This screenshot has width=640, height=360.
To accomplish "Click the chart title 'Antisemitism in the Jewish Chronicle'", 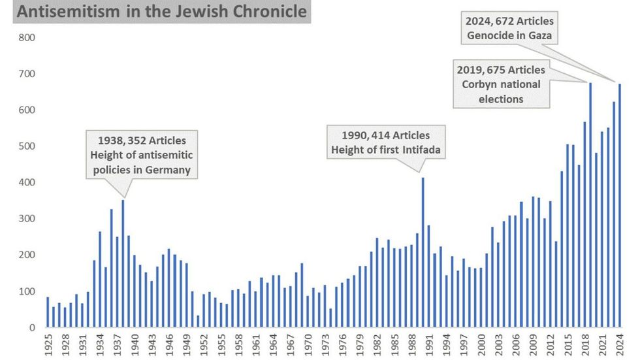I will [155, 12].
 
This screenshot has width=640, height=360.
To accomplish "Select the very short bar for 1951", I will [197, 321].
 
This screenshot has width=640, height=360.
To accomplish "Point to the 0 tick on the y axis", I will [31, 327].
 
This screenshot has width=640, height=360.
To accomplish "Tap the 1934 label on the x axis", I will [100, 344].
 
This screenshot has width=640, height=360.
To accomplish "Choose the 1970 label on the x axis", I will [308, 344].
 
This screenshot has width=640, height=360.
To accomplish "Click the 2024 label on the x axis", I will [619, 344].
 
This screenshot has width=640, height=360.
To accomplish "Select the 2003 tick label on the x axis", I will [498, 344].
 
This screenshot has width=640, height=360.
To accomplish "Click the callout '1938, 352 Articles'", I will [142, 140].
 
